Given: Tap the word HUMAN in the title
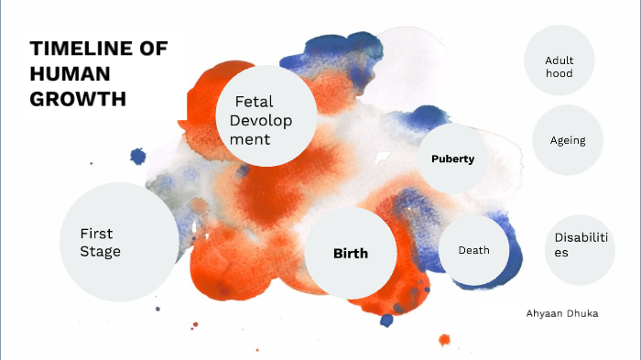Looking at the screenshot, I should coord(70,74).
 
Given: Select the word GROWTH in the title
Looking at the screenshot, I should coord(77,98).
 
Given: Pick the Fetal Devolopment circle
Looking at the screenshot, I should coord(266,115).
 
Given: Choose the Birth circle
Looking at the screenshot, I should coord(351,253).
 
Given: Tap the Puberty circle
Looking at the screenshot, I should coord(452,158).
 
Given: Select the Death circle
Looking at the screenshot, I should coord(473,250).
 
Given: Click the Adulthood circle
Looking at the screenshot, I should coord(559,66).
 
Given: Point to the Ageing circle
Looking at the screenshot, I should coord(568,140).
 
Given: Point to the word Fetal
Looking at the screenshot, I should coord(255,102).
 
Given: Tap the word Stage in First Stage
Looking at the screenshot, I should coord(100,252).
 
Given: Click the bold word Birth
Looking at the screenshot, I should coord(351,253).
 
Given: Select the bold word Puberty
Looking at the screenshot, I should coord(452,158).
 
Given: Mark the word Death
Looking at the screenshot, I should coord(473,250).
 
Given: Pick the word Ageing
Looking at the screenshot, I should coord(568,140).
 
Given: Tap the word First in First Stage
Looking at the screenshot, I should coord(96,234).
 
